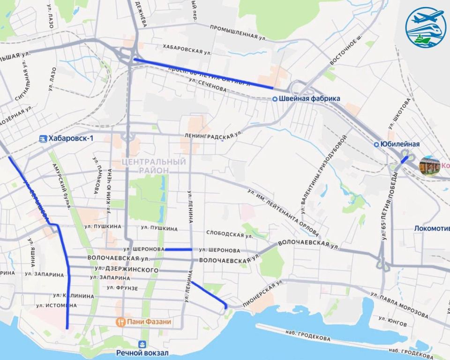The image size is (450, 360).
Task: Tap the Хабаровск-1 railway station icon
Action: (43, 138)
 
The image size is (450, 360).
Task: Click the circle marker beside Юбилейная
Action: (376, 144)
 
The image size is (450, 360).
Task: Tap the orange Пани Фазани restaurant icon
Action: (120, 322)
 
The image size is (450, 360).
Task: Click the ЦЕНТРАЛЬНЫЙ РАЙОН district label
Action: (153, 165)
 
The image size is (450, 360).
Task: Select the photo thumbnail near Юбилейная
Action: (429, 166)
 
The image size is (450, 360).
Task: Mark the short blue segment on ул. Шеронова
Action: (178, 249)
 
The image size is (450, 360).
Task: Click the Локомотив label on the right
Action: (431, 229)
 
